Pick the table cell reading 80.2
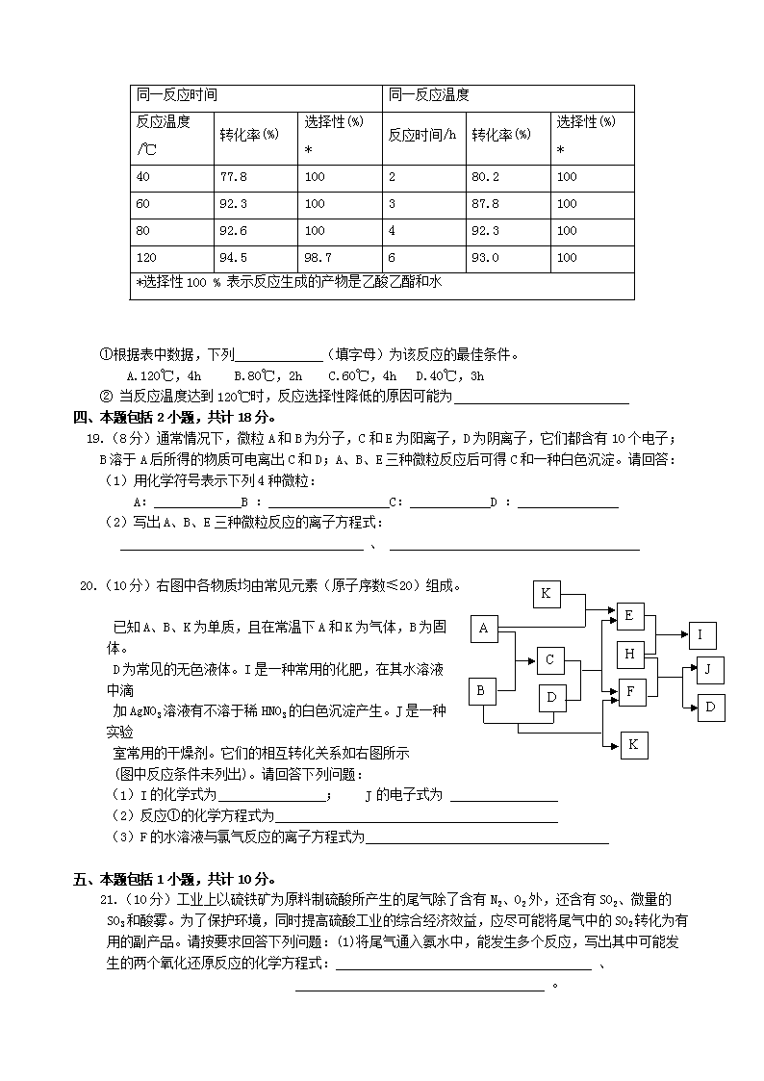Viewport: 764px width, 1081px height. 484,177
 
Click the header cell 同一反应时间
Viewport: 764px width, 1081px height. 177,95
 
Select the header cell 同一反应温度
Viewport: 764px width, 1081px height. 429,95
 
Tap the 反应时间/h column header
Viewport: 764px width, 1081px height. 422,135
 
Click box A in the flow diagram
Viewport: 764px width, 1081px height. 484,630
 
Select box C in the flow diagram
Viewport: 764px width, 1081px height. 549,659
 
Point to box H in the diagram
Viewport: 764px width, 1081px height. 630,655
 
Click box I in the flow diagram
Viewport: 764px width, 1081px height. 700,634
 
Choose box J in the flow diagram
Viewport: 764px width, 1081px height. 709,669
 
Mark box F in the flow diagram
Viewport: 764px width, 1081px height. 631,691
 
